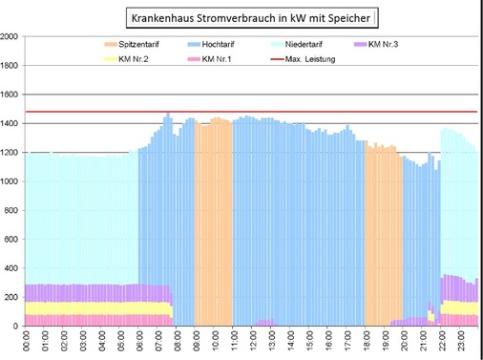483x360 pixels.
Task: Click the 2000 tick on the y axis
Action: tap(10, 37)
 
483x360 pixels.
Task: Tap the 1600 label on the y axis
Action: tap(10, 95)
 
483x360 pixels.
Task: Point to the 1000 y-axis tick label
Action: tap(10, 181)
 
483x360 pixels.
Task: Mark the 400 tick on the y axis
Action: tap(11, 268)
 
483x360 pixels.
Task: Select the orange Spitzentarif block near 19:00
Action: tap(382, 229)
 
